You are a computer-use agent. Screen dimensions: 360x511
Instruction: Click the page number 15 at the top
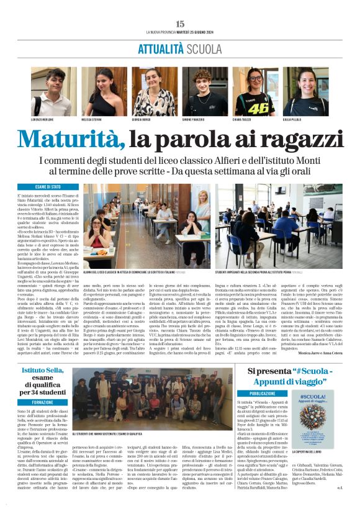[180, 24]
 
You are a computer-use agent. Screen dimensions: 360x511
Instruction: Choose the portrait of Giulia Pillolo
[305, 91]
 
